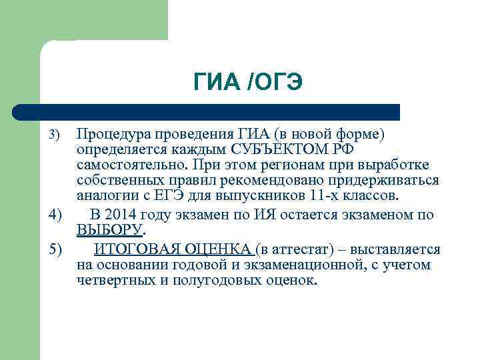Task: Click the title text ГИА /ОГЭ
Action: pyautogui.click(x=248, y=82)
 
